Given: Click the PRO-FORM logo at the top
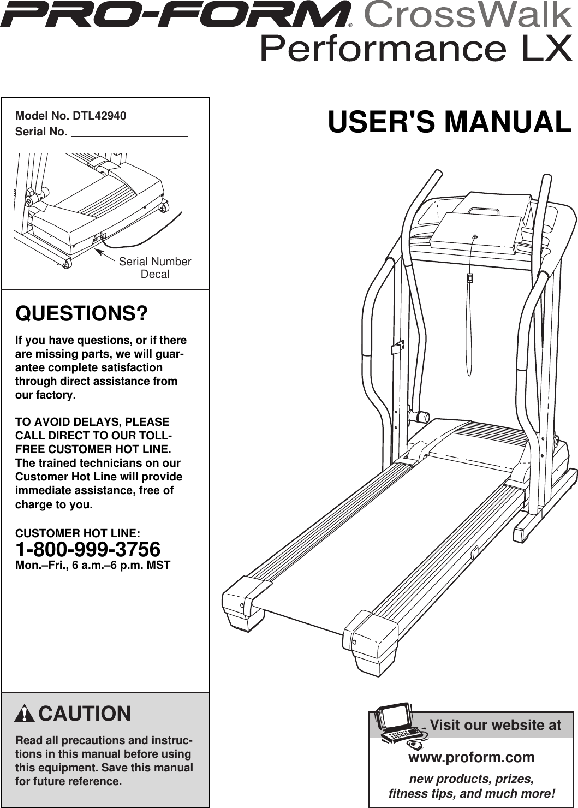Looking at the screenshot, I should (175, 15).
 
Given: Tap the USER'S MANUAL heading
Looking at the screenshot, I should (449, 122).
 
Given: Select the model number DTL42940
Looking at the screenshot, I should (99, 116).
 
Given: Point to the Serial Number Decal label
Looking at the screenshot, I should (155, 268).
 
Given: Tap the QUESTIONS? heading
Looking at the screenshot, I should (81, 314).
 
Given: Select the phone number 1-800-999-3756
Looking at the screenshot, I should (88, 549).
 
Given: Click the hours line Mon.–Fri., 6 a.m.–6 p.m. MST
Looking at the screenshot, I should (93, 566).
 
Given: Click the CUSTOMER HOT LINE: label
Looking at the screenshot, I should (78, 533).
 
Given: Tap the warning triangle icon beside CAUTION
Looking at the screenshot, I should (25, 714).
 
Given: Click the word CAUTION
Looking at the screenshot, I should (85, 714).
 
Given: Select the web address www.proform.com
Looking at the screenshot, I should (471, 757).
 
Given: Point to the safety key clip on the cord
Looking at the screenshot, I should (469, 278).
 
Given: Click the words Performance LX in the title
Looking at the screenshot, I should (416, 49).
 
